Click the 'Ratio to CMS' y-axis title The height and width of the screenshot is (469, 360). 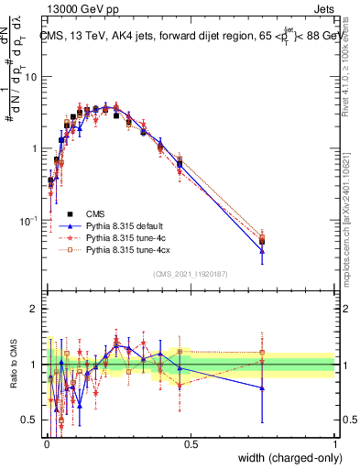tap(12, 364)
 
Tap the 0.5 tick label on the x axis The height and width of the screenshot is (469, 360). tap(191, 443)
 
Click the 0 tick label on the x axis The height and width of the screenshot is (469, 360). tap(47, 443)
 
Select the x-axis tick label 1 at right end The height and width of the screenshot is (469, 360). tap(334, 443)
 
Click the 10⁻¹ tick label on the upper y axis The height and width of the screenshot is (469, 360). tap(31, 221)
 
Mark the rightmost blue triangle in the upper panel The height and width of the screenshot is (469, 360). tap(262, 250)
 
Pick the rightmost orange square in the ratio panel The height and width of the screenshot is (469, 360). tap(262, 352)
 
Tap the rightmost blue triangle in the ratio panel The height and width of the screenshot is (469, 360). tap(262, 387)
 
